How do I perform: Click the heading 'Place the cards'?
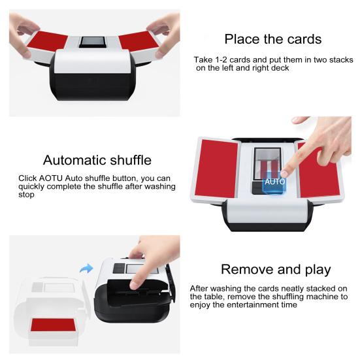(x=272, y=39)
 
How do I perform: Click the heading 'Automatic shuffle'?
(x=97, y=160)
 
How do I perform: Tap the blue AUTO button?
(x=274, y=182)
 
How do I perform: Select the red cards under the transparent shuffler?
(x=53, y=325)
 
